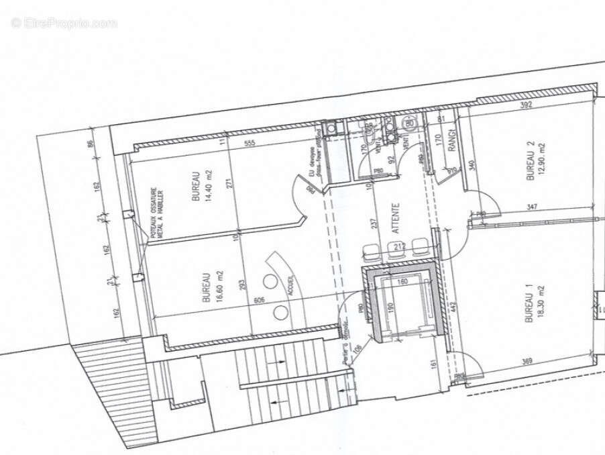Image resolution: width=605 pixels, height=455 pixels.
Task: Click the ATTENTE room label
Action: [396, 218]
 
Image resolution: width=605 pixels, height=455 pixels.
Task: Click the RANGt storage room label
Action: [452, 140]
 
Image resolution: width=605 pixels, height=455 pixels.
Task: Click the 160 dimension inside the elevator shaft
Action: [402, 282]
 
